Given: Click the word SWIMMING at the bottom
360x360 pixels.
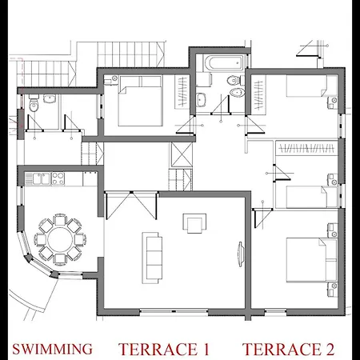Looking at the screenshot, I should pos(52,349).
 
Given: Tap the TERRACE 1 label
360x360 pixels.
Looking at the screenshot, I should pos(164,349).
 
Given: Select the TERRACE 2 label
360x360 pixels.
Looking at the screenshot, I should pos(289,349).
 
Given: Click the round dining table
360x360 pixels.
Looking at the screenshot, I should pos(58,237).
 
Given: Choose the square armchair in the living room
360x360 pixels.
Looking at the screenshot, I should pos(193,222).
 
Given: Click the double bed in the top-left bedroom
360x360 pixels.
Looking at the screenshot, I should pos(141,104).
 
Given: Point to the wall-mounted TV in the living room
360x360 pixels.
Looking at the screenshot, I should pos(239,253).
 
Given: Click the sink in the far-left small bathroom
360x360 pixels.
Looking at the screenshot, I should pos(50,100).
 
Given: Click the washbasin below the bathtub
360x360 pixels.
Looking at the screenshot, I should pos(202,99).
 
